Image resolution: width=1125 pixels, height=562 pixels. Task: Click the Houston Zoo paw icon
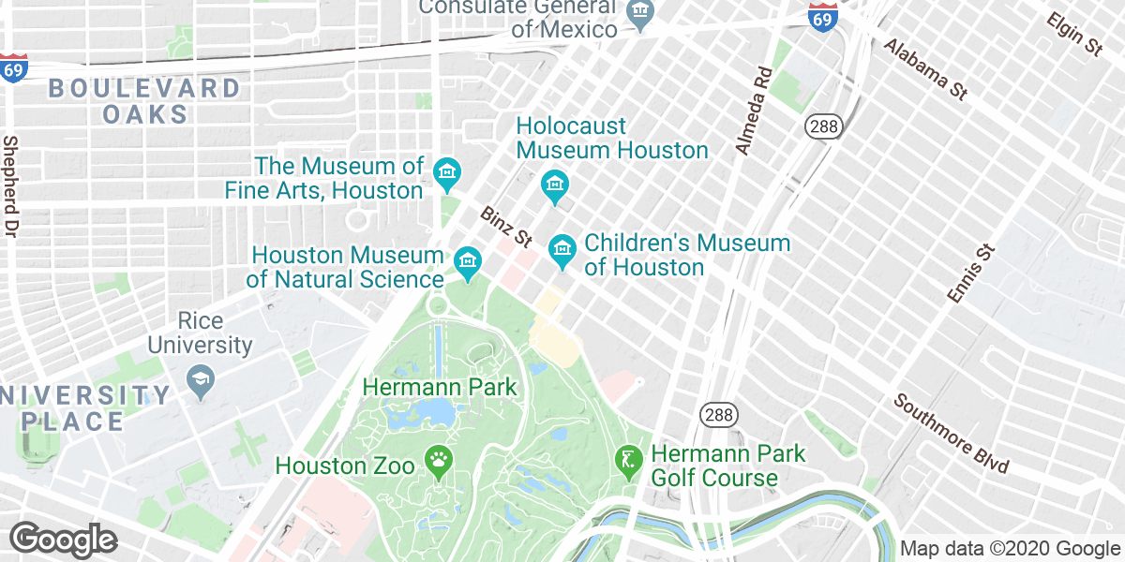click(x=439, y=459)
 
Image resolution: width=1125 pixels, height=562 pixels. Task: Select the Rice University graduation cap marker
click(x=200, y=379)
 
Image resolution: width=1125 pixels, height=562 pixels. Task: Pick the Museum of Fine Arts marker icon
click(x=446, y=172)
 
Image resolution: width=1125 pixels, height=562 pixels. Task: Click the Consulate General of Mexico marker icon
click(x=641, y=15)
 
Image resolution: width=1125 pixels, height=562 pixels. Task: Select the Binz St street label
click(x=506, y=228)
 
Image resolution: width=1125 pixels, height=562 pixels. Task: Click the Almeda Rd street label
click(x=754, y=111)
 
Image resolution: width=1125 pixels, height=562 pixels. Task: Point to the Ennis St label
click(x=969, y=273)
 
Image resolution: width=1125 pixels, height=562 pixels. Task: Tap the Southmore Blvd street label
click(x=951, y=434)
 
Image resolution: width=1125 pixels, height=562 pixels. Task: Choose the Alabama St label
click(x=924, y=69)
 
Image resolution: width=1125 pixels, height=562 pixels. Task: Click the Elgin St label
click(x=1074, y=35)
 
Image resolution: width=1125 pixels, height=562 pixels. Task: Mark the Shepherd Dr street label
click(x=12, y=185)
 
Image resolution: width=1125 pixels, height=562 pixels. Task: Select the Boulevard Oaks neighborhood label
click(x=144, y=102)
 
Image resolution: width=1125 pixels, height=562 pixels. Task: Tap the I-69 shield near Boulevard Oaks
click(x=13, y=68)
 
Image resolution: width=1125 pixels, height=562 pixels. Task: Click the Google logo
click(x=63, y=540)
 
